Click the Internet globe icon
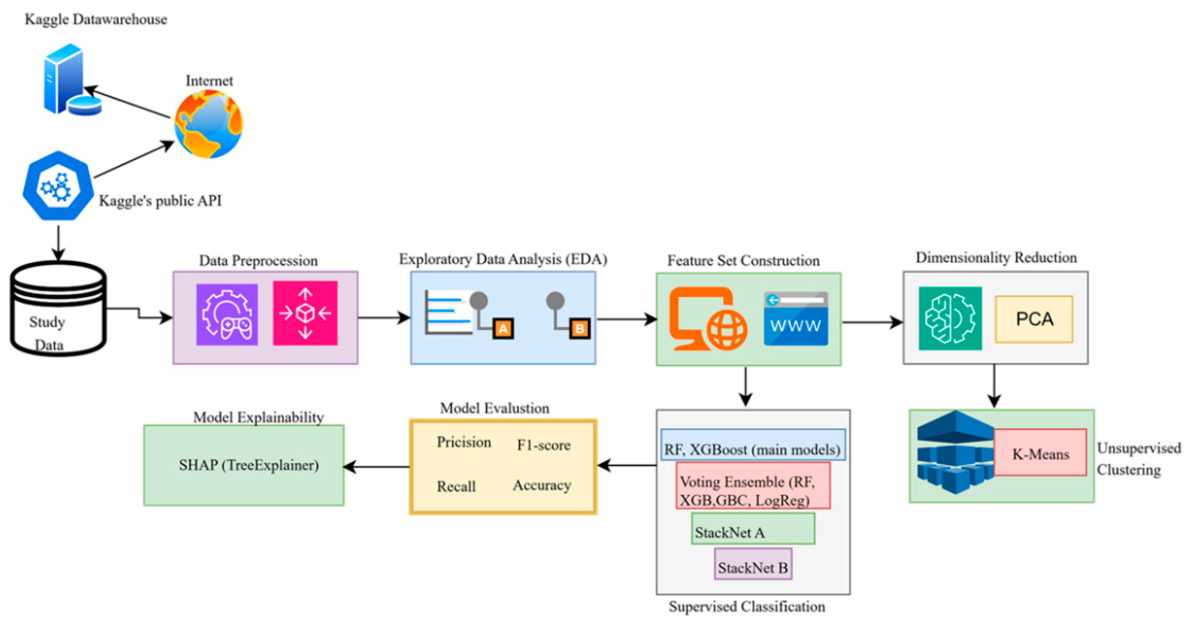click(x=208, y=124)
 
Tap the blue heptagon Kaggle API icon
click(x=57, y=186)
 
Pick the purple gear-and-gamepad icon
click(x=227, y=314)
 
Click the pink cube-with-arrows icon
click(x=305, y=313)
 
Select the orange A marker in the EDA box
click(x=503, y=329)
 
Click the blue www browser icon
click(x=796, y=319)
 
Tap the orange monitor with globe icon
click(x=707, y=319)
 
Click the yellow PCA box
click(x=1034, y=319)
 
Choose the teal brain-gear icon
click(x=950, y=318)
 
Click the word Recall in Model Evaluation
click(x=456, y=486)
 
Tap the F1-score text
click(x=543, y=445)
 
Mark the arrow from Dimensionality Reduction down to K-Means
click(x=994, y=385)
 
